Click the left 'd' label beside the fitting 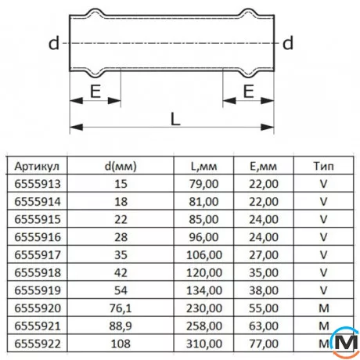click(54, 44)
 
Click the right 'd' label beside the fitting click(288, 44)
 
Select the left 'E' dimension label click(95, 91)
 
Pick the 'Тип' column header click(322, 166)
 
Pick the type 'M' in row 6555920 click(322, 307)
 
